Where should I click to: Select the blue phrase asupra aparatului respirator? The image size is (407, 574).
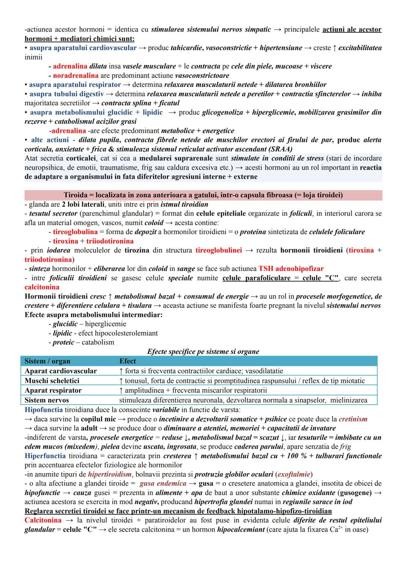click(75, 85)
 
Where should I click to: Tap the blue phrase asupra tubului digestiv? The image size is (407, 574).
click(66, 94)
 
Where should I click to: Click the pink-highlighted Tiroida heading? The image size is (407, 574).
click(203, 195)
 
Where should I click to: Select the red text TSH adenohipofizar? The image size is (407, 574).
click(291, 269)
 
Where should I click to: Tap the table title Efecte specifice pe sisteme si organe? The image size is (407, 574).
click(203, 352)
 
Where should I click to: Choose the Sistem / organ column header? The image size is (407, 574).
click(47, 361)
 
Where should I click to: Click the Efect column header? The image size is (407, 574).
click(127, 361)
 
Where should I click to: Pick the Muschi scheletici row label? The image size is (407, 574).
click(52, 381)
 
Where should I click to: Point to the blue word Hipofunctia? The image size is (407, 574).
click(44, 410)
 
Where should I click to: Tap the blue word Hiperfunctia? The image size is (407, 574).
click(45, 456)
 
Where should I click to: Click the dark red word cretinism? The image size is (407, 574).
click(353, 419)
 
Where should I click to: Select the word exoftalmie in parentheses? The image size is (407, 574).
click(294, 474)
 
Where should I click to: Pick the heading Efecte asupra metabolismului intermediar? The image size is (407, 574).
click(93, 315)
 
